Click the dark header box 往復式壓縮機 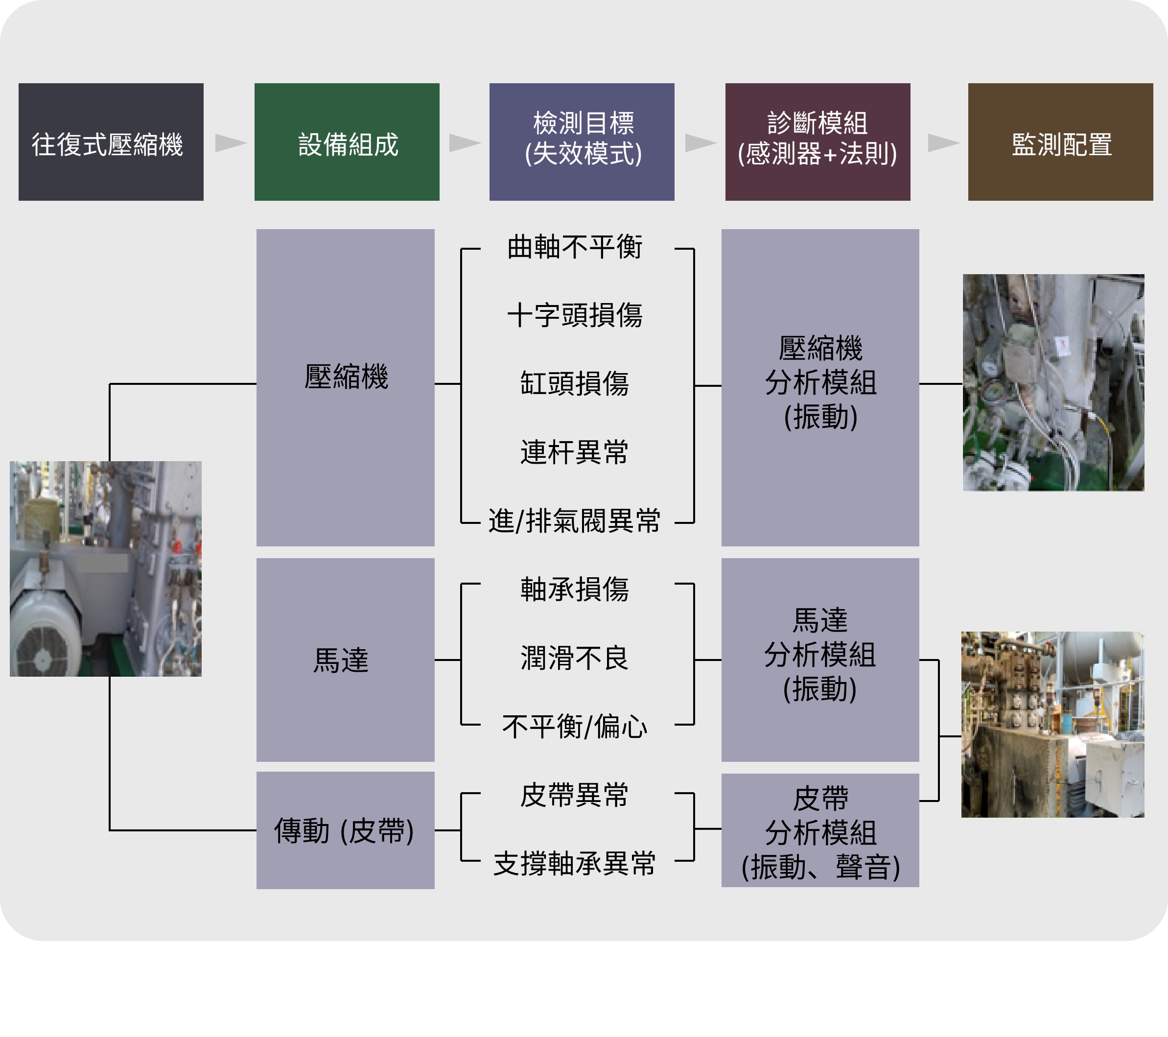[x=111, y=142]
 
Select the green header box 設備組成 [x=347, y=142]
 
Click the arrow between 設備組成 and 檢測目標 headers [x=464, y=142]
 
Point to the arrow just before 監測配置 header [x=942, y=142]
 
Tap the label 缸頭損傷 [x=574, y=383]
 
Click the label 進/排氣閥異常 [x=574, y=521]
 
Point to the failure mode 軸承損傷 [x=574, y=589]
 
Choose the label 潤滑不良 [x=574, y=658]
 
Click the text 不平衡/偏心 [x=574, y=727]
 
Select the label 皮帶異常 [x=574, y=795]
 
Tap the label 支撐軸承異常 [x=574, y=863]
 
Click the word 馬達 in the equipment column [x=341, y=660]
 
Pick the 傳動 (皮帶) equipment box [x=345, y=830]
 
